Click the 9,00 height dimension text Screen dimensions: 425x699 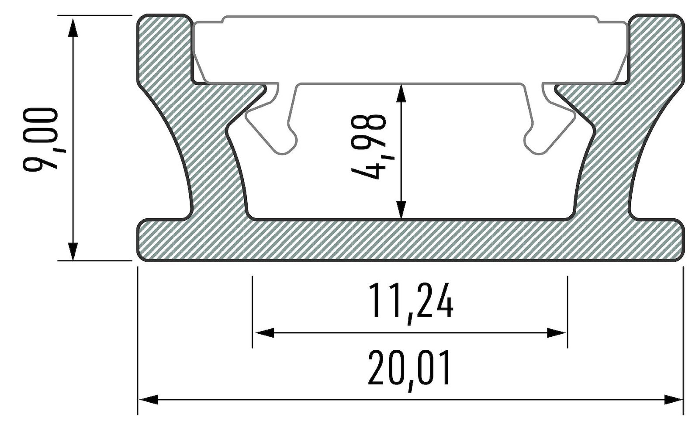40,138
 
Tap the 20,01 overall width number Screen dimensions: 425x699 409,370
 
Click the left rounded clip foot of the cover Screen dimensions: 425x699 286,144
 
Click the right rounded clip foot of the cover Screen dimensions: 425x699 535,144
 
